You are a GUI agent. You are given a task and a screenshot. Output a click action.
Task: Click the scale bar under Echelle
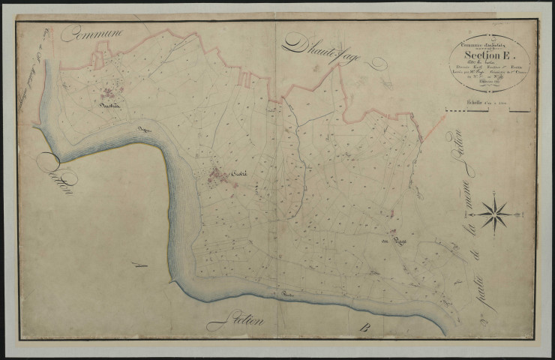pos(487,111)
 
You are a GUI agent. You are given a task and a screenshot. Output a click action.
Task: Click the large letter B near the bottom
pos(364,328)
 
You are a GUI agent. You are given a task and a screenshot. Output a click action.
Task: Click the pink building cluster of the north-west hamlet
pos(111,93)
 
